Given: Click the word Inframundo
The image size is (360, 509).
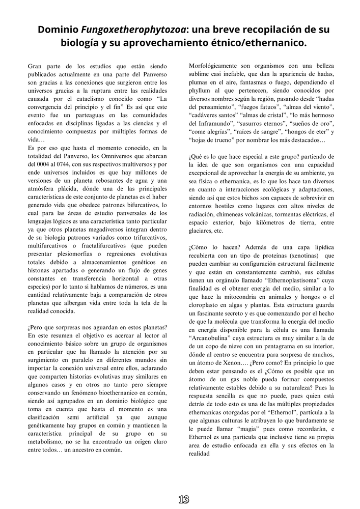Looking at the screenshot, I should tap(213, 123).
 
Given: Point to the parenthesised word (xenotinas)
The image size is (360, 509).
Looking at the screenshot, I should tap(300, 256).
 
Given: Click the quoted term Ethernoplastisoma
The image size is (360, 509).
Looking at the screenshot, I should tap(285, 280).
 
